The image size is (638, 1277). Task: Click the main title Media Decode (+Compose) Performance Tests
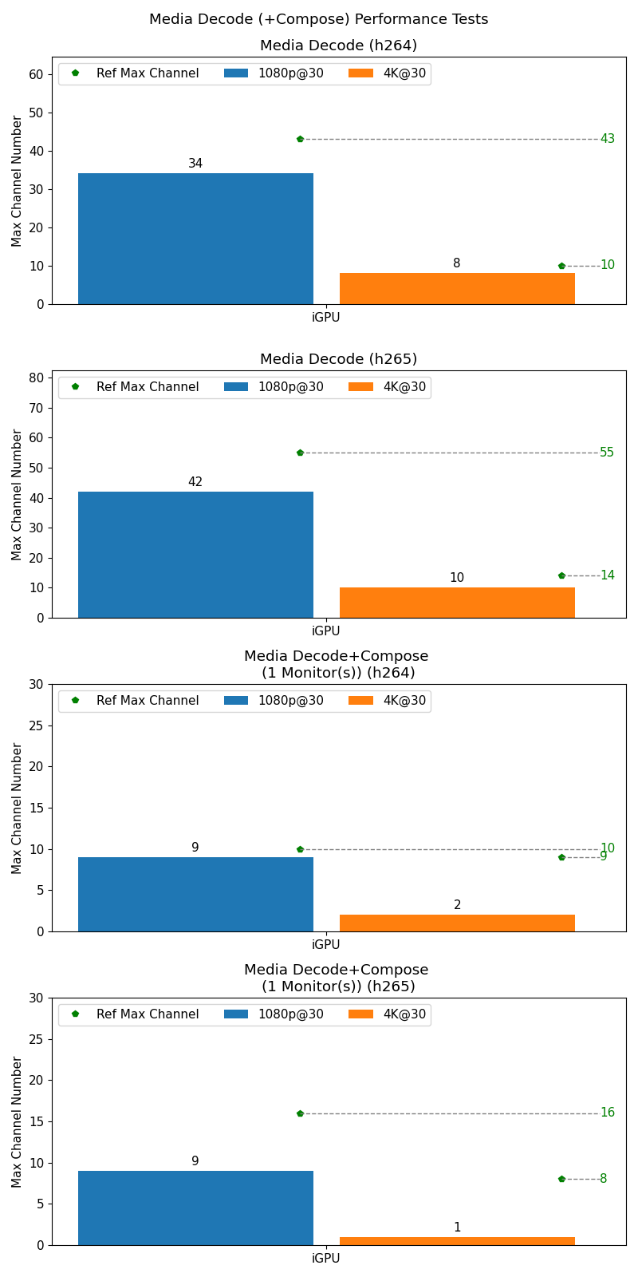pyautogui.click(x=318, y=19)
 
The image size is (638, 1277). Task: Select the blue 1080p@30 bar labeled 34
pyautogui.click(x=195, y=239)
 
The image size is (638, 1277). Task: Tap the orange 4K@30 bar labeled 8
pyautogui.click(x=457, y=289)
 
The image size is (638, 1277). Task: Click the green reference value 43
pyautogui.click(x=607, y=139)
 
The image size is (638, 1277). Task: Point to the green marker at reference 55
pyautogui.click(x=300, y=453)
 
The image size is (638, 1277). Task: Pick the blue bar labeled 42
pyautogui.click(x=195, y=555)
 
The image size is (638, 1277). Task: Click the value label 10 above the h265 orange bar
pyautogui.click(x=456, y=578)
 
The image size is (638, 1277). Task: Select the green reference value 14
pyautogui.click(x=607, y=575)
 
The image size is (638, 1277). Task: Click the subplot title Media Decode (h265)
pyautogui.click(x=338, y=359)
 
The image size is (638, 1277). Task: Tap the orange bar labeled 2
pyautogui.click(x=457, y=923)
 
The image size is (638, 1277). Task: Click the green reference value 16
pyautogui.click(x=607, y=1113)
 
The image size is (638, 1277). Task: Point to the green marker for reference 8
pyautogui.click(x=561, y=1179)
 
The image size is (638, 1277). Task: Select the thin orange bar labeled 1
pyautogui.click(x=457, y=1241)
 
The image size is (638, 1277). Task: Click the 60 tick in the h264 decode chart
pyautogui.click(x=36, y=74)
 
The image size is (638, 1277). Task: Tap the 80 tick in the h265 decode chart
pyautogui.click(x=36, y=378)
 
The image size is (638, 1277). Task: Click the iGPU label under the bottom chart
pyautogui.click(x=325, y=1259)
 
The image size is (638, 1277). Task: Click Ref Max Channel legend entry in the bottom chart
pyautogui.click(x=135, y=1014)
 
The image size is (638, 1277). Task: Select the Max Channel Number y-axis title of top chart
pyautogui.click(x=17, y=181)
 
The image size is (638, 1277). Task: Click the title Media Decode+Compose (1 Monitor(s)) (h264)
pyautogui.click(x=337, y=665)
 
